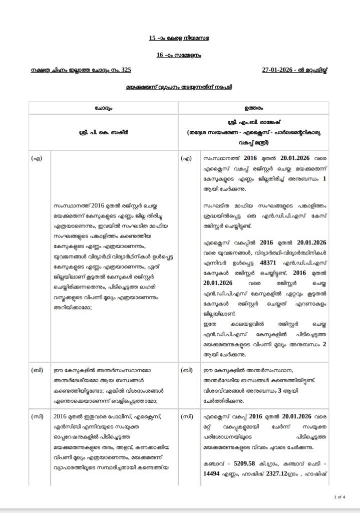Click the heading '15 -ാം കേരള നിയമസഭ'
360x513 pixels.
(x=180, y=38)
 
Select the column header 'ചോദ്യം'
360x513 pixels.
(x=103, y=108)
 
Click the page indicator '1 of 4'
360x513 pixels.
(x=339, y=496)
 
